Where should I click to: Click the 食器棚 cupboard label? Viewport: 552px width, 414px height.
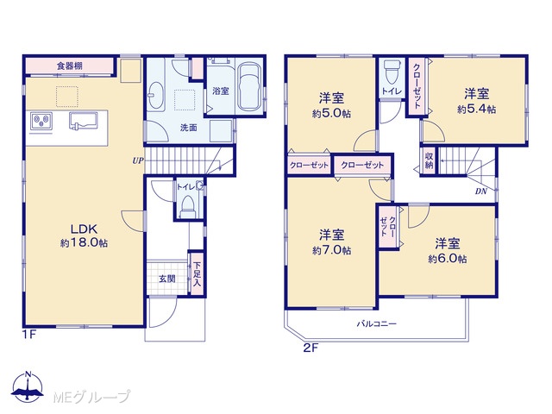(70, 66)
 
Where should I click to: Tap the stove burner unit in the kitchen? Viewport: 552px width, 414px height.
(41, 122)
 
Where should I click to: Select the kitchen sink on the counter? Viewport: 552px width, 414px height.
(83, 122)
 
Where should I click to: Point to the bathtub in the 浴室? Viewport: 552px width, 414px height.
(249, 86)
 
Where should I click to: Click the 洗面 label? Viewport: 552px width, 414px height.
(188, 129)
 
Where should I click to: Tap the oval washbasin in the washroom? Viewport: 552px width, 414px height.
(156, 96)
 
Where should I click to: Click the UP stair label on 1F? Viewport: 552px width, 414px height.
(138, 160)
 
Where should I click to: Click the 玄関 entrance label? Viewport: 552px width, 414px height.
(166, 279)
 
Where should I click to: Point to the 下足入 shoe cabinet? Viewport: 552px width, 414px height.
(197, 273)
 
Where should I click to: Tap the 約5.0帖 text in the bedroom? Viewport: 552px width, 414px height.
(331, 114)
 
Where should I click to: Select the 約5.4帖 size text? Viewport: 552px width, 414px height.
(477, 110)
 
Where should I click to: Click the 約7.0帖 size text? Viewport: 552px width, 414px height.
(331, 251)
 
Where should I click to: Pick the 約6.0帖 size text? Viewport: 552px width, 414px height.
(448, 259)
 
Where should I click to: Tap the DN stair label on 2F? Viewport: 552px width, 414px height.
(481, 191)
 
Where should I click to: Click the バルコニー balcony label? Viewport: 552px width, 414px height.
(377, 323)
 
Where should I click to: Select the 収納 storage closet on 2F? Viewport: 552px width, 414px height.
(429, 161)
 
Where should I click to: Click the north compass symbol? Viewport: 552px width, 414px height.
(28, 386)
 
